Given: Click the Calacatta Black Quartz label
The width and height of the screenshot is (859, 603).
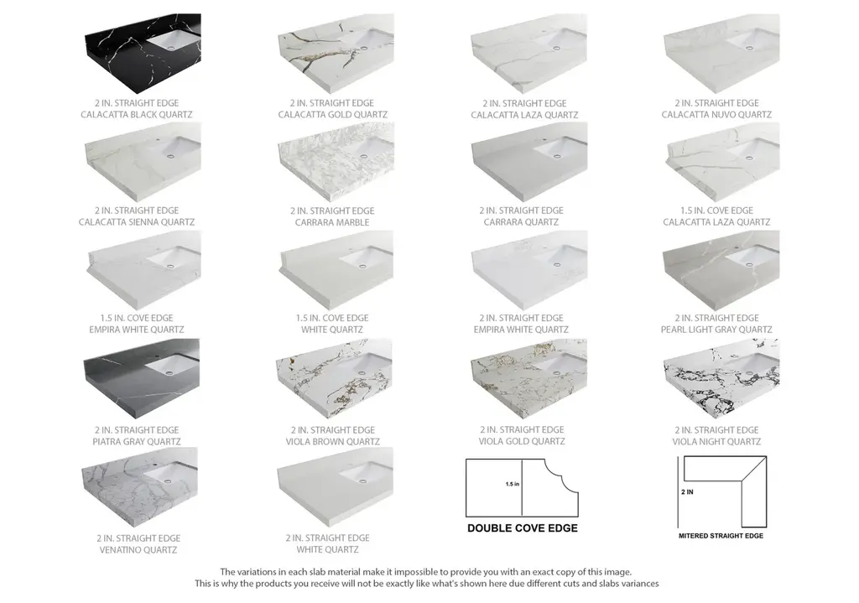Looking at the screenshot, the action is pos(137,114).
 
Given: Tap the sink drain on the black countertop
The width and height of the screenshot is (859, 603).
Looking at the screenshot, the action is pos(171,48).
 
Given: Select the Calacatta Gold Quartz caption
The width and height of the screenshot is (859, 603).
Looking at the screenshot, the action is pos(332,114).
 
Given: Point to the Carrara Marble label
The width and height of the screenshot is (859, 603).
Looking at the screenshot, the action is pos(332,222).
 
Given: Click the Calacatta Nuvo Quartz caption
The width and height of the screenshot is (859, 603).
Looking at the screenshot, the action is pos(716,114).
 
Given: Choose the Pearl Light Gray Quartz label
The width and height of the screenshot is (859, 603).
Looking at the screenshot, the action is pos(716,329).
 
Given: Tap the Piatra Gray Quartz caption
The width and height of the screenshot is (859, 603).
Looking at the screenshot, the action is pos(137,441).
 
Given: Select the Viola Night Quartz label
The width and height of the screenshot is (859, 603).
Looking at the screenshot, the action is pos(716,441).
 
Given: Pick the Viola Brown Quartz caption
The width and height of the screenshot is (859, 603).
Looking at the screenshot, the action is pos(332,441).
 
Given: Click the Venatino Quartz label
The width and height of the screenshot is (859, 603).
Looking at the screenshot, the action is pos(138,550).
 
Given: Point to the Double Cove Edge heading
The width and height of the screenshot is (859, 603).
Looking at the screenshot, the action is pos(522,528).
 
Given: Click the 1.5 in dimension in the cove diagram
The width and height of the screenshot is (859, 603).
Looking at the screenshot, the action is pos(513,484).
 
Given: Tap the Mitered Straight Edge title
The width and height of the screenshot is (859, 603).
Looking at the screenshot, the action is pos(721,536).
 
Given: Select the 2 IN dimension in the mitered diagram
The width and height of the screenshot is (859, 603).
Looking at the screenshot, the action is pos(688,491).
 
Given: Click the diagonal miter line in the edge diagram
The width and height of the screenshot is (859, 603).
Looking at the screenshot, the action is pos(753,470).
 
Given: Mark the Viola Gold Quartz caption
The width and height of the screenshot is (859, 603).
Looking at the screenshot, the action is pos(522,441).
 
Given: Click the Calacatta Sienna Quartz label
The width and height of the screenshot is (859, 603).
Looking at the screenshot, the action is pos(137,221).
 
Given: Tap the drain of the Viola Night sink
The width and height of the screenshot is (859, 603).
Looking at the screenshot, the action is pos(749,372).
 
